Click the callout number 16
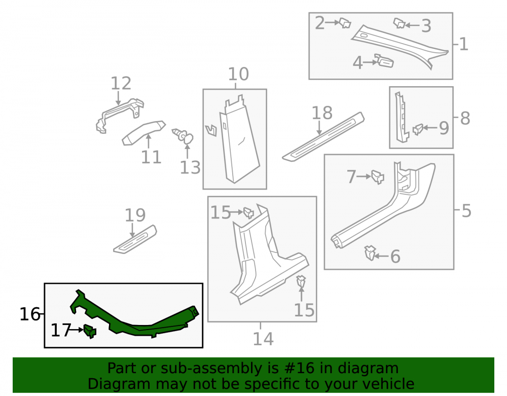[30, 314]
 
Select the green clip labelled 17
[90, 331]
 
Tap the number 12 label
[121, 83]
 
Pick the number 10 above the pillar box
[238, 74]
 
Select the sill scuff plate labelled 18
[323, 137]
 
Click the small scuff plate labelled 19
[135, 239]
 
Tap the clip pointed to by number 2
[345, 23]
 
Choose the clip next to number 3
[400, 23]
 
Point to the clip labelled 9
[418, 129]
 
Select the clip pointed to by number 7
[378, 177]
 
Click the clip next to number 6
[370, 253]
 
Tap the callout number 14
[263, 339]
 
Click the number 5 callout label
[466, 211]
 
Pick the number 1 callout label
[464, 44]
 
